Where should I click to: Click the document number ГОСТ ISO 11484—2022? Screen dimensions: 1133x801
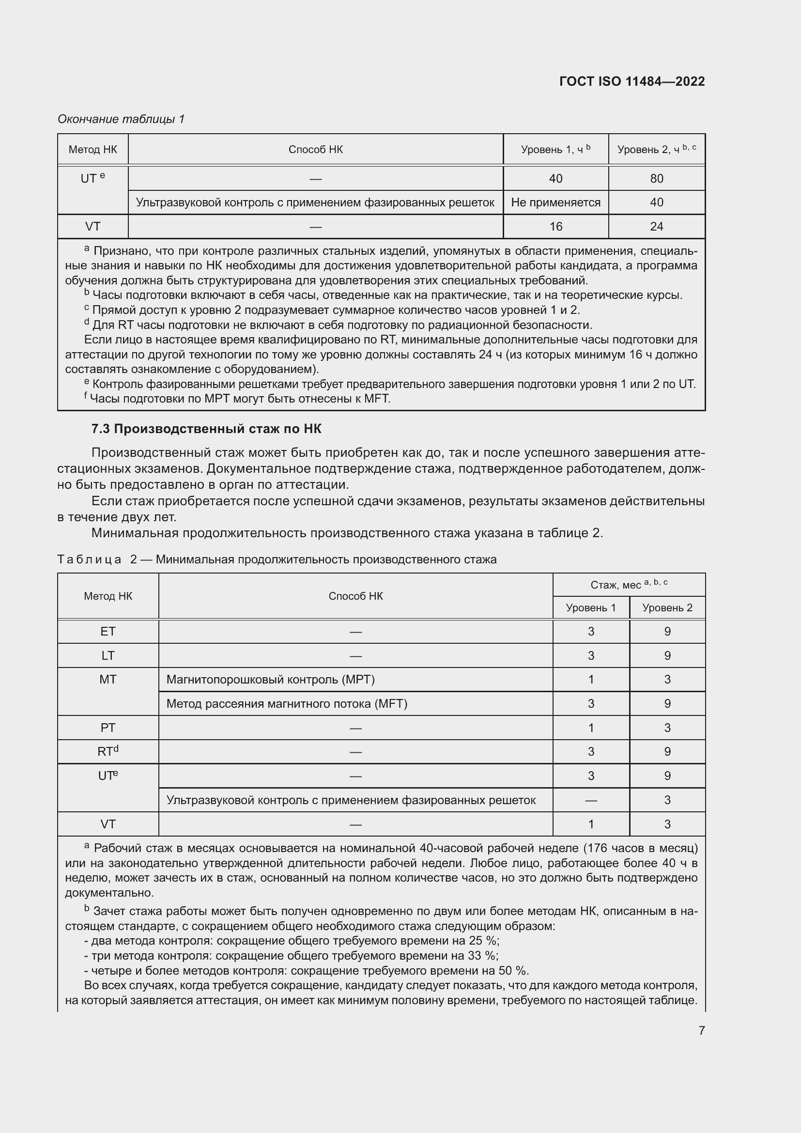tap(632, 81)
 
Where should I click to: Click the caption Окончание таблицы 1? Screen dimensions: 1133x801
tap(121, 119)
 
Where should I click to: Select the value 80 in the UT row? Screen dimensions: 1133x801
tap(656, 179)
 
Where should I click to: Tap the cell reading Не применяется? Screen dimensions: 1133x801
tap(555, 202)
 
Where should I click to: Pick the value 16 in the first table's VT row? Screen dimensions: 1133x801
tap(555, 227)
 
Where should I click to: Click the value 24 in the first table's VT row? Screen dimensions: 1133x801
tap(656, 227)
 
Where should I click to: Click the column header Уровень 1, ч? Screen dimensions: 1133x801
tap(555, 149)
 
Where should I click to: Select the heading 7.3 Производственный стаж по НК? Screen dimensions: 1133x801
tap(206, 429)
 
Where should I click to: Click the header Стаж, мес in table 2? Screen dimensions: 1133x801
tap(629, 584)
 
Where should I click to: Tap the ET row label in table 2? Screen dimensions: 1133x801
tap(108, 631)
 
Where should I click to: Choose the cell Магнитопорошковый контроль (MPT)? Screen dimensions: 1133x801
tap(270, 680)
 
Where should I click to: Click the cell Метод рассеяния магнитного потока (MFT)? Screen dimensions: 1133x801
tap(287, 704)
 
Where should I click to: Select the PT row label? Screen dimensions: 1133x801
tap(108, 728)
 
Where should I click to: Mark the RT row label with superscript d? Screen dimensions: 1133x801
tap(108, 752)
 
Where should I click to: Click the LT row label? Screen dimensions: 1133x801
tap(108, 655)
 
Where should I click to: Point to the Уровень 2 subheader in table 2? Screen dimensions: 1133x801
tap(667, 607)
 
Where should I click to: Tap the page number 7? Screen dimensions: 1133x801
tap(701, 1030)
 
